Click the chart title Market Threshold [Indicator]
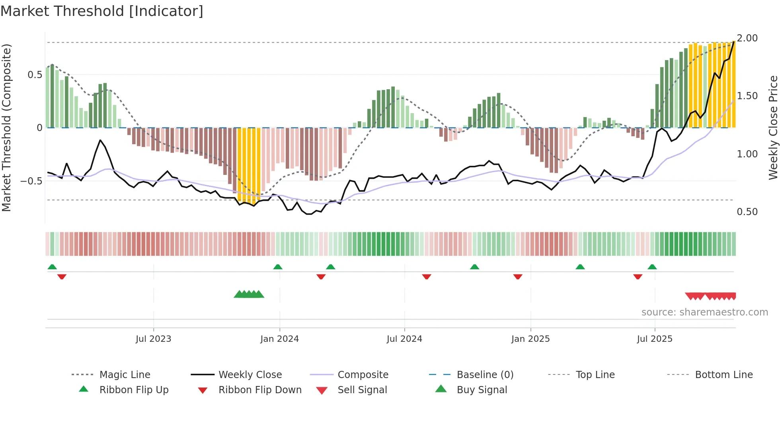[x=102, y=11]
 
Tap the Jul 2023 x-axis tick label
[x=153, y=339]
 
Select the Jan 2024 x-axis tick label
[x=279, y=339]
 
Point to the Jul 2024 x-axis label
[x=404, y=339]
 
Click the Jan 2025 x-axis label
[x=530, y=339]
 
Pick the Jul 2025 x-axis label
[x=655, y=339]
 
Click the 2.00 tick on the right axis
[x=747, y=38]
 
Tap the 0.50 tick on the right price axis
[x=747, y=212]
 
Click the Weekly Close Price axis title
[x=773, y=127]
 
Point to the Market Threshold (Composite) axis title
[x=6, y=127]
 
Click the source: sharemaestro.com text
[x=704, y=312]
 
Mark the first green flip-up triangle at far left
[x=52, y=267]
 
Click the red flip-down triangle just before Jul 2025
[x=638, y=276]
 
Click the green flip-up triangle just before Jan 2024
[x=278, y=267]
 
